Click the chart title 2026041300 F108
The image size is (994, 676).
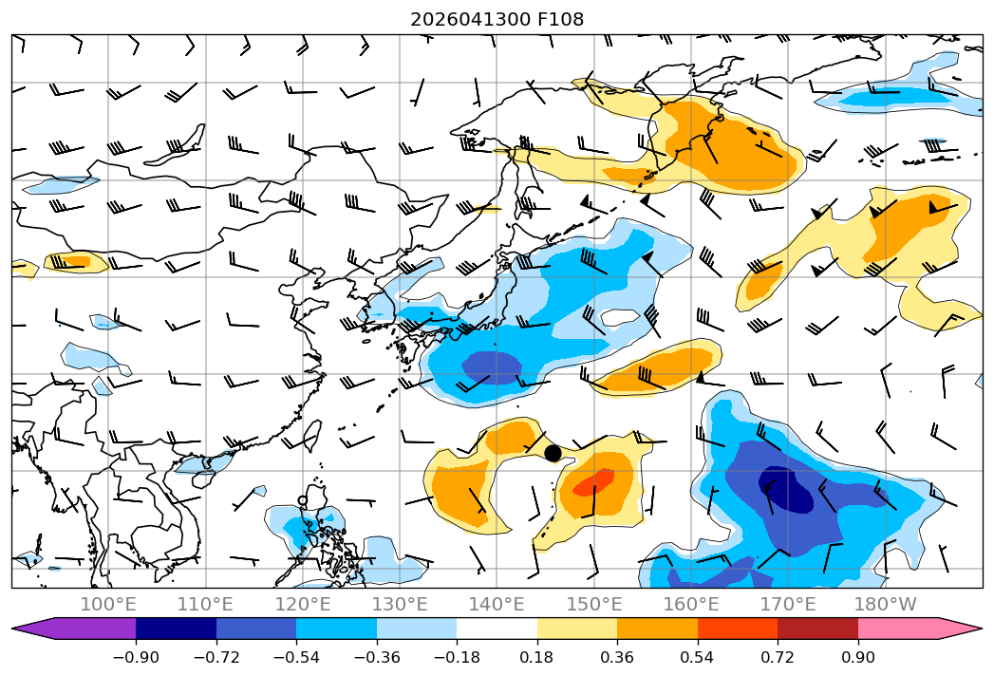coord(497,19)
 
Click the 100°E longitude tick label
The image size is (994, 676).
coord(108,604)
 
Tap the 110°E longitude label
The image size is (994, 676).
coord(205,604)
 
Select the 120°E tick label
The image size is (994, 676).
coord(303,604)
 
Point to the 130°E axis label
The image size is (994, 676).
coord(400,604)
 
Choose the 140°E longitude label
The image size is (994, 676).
coord(497,604)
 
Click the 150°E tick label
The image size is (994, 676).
coord(594,604)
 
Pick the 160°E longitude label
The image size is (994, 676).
coord(691,604)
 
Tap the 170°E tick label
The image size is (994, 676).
coord(788,604)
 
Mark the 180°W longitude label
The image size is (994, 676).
coord(885,604)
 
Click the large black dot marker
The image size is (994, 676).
coord(553,453)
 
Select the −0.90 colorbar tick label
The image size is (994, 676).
coord(136,657)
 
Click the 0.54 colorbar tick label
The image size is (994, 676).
coord(698,657)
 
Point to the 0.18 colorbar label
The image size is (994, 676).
coord(537,657)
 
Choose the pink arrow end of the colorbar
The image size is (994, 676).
coord(961,629)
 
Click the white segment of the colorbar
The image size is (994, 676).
coord(497,629)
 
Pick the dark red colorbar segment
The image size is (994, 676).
coord(817,629)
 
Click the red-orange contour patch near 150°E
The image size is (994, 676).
coord(594,482)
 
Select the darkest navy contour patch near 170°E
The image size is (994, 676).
coord(786,489)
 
